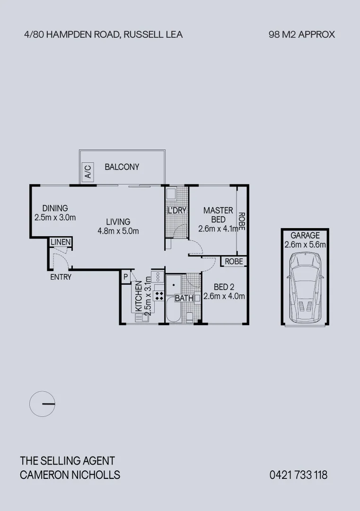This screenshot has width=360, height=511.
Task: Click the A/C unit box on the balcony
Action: coord(88,172)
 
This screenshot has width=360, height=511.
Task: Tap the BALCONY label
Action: coord(122,167)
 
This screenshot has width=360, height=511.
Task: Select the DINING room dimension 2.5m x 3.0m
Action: coord(55,218)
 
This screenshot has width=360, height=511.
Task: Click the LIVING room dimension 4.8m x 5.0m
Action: coord(118,231)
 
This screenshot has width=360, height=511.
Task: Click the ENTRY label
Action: coord(61,277)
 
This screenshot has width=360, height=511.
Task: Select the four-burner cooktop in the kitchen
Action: coord(159,296)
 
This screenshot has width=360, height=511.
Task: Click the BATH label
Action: coord(184,299)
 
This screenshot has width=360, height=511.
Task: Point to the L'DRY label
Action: coord(176,210)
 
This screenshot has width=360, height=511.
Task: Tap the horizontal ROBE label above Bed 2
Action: coord(234,262)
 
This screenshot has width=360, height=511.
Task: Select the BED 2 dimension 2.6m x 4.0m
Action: coord(224,297)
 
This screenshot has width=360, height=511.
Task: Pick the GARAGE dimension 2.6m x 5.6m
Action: coord(305,245)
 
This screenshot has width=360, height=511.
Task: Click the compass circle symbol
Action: coord(43,404)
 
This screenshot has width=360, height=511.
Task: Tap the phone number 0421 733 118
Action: coord(298,475)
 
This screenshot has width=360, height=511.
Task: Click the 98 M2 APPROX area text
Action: coord(301,35)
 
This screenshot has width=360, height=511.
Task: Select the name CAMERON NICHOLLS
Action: coord(70,475)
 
